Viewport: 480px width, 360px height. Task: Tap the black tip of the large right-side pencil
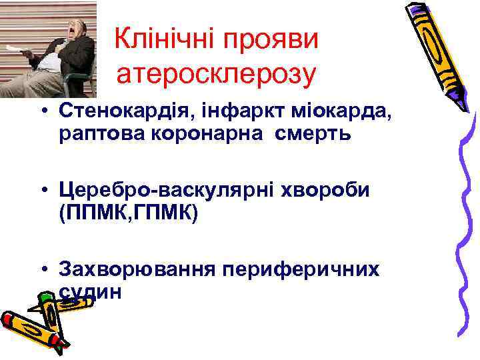(461, 107)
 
